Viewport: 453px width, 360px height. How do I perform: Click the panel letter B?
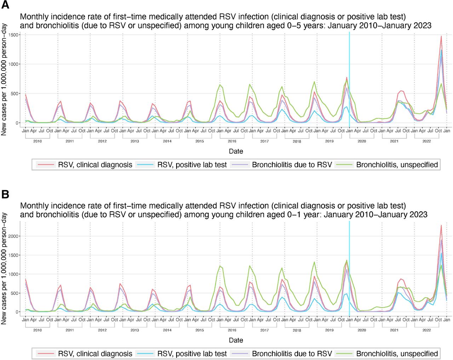tap(5, 194)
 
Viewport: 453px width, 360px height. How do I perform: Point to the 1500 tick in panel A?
tap(15, 35)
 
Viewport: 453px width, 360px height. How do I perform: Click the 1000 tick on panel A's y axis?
tap(15, 64)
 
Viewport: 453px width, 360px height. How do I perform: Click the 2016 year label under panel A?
tap(232, 141)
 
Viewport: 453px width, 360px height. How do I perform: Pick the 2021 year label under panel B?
tap(394, 330)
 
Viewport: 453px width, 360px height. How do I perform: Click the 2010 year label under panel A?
tap(38, 141)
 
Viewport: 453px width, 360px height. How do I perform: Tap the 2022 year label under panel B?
tap(426, 330)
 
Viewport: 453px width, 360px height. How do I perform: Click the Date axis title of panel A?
tap(236, 151)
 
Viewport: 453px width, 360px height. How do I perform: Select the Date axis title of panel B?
tap(236, 340)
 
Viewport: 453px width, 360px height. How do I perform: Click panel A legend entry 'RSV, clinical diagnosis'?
tap(95, 165)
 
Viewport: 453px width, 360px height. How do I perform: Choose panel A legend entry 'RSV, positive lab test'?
tap(192, 165)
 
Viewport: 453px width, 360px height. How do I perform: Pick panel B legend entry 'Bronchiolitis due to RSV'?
tap(292, 354)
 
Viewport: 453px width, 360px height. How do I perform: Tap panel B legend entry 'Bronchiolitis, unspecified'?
tap(397, 354)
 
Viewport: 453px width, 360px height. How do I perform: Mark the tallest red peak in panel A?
tap(441, 36)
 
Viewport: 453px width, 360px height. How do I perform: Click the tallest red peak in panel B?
tap(441, 225)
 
